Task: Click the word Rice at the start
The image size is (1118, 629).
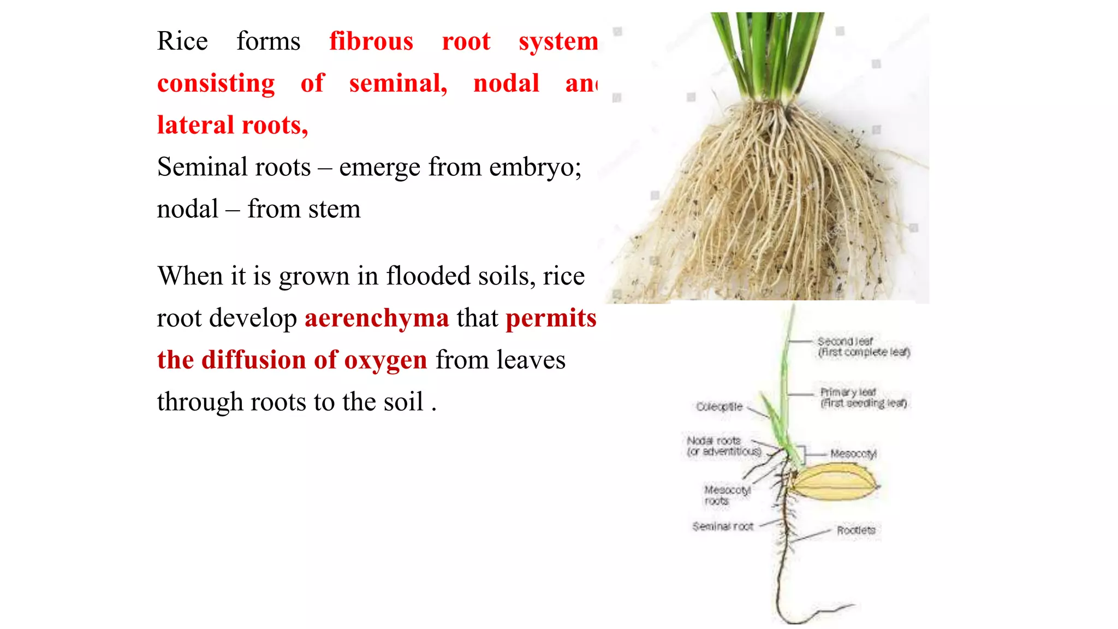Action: (182, 41)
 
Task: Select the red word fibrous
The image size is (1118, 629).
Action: (371, 41)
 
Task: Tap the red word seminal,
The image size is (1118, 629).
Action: (398, 84)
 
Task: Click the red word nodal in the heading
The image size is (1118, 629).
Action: (506, 84)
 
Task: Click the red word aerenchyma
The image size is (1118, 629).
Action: (377, 318)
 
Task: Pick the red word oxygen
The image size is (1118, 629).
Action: (385, 360)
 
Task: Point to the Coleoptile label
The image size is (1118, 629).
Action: (719, 407)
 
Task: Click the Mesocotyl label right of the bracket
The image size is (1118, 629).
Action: (853, 454)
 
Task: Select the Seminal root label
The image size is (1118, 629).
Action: (723, 526)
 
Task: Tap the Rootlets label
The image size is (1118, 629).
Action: (855, 530)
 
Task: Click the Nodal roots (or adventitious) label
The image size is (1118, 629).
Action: (723, 446)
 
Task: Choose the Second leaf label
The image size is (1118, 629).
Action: (863, 347)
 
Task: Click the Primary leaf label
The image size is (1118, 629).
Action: (863, 397)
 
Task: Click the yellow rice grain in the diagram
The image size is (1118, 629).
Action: (834, 482)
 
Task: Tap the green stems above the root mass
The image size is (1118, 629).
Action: (767, 55)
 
